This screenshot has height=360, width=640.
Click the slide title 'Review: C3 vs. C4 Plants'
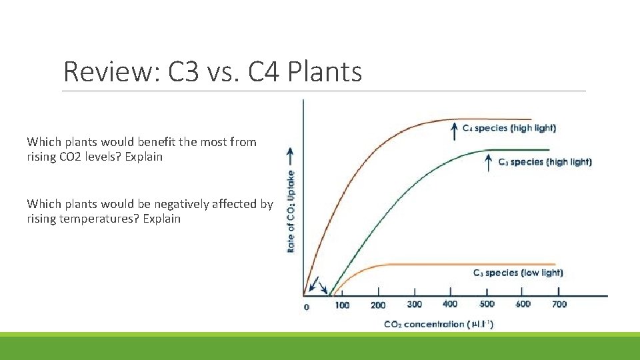(212, 71)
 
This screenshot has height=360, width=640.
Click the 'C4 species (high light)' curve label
(509, 127)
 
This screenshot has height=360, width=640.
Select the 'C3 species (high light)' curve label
(545, 161)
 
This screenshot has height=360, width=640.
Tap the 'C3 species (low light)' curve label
(517, 273)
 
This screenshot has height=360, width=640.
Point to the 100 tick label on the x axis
(342, 305)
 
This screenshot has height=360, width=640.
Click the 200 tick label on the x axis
(378, 305)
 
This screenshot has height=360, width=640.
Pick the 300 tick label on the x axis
(414, 305)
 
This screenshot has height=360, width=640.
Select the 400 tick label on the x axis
(450, 304)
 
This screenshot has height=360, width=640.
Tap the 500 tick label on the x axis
(487, 304)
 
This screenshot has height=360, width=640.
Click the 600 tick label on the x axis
(523, 304)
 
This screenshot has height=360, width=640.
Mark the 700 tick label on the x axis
(559, 304)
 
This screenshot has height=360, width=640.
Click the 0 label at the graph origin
(307, 307)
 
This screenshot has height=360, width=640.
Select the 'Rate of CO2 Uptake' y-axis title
(291, 211)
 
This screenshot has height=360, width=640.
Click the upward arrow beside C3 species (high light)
(489, 162)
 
